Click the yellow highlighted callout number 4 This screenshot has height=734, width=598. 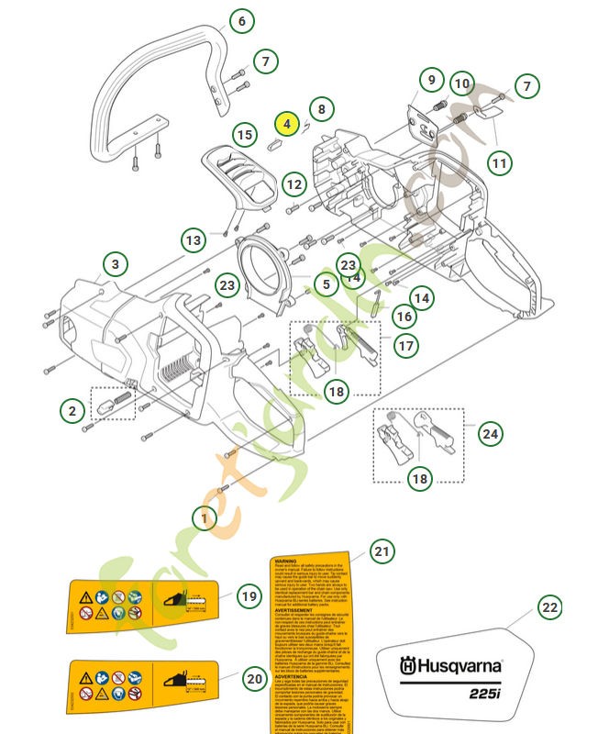click(x=286, y=122)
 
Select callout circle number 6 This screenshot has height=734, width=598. click(x=241, y=21)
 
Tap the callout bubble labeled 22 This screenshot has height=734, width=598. click(x=548, y=607)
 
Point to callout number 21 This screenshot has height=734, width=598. click(x=382, y=551)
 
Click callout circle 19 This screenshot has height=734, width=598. click(x=249, y=596)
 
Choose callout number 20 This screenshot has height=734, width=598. click(x=255, y=679)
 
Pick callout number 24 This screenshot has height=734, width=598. click(x=491, y=433)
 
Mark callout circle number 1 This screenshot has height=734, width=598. click(x=205, y=517)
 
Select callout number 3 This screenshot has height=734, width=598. click(x=115, y=264)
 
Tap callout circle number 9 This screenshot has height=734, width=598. click(x=431, y=82)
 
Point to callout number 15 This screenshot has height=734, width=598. click(x=243, y=135)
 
